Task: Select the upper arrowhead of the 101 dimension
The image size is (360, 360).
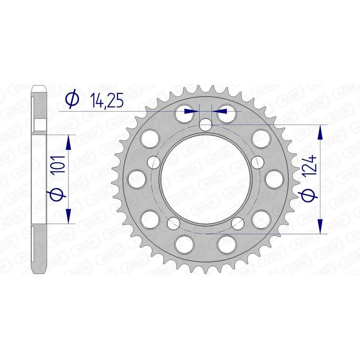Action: click(x=68, y=144)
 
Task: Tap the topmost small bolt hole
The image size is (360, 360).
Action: click(x=205, y=125)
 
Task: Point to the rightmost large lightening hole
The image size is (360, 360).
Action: click(x=274, y=179)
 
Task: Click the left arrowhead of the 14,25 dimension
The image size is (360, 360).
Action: click(x=194, y=110)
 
